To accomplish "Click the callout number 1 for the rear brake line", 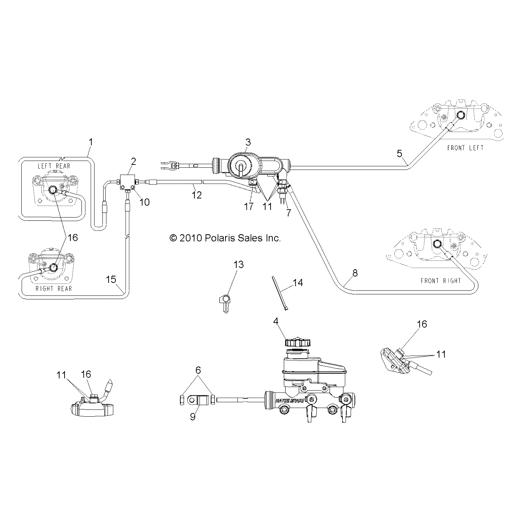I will [x=91, y=142].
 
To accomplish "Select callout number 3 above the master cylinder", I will [x=248, y=142].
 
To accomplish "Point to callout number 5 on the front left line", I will [x=399, y=154].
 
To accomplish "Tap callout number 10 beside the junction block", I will [x=144, y=202].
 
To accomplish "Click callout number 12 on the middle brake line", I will [x=197, y=195].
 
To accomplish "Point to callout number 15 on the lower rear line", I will [x=111, y=280].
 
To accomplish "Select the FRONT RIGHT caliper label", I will [x=441, y=281].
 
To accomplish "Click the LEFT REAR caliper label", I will [x=54, y=166].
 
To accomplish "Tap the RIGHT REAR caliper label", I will [x=54, y=288].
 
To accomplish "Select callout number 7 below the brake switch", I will [x=288, y=213].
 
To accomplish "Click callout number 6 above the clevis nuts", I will [x=198, y=370].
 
